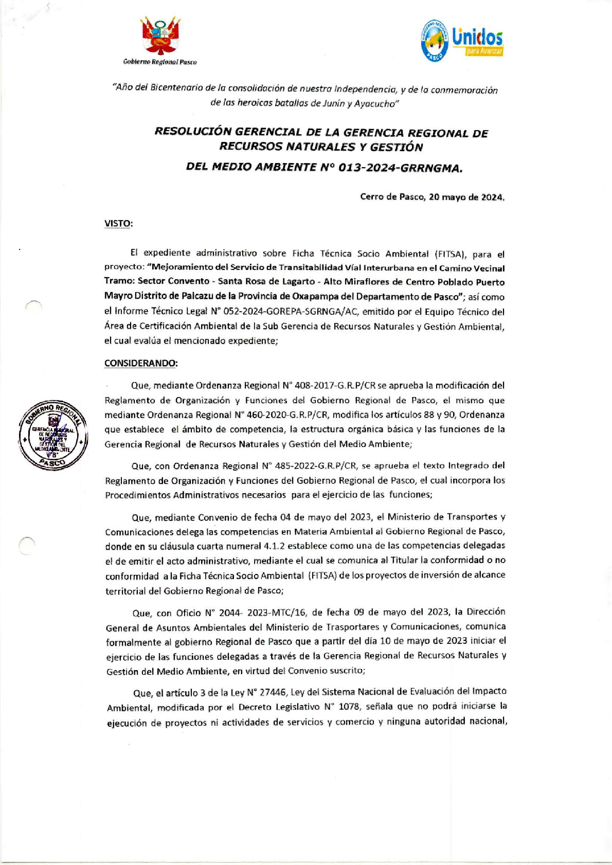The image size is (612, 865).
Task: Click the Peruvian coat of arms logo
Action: coord(160,35)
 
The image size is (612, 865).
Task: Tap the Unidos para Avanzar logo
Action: coord(461,41)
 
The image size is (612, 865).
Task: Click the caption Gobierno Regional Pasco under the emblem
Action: coord(160,62)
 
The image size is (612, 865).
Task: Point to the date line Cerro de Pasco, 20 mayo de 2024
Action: coord(432,197)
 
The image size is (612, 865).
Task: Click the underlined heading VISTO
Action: coord(118,224)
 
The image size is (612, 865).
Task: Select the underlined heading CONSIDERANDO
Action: coord(141,363)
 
